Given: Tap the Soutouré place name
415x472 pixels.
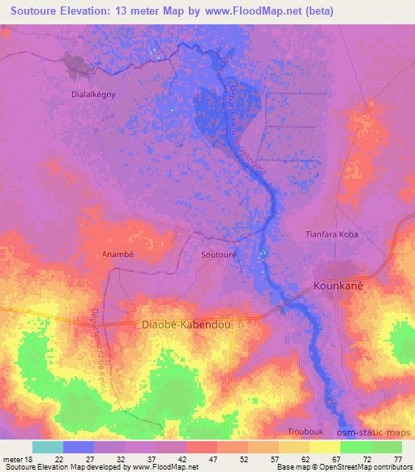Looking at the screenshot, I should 218,254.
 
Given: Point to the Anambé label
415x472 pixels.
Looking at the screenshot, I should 118,254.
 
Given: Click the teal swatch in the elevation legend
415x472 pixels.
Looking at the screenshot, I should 48,447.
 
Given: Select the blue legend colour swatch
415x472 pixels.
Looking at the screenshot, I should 79,447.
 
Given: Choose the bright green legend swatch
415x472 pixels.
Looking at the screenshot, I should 356,447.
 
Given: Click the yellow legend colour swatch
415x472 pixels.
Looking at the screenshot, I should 325,447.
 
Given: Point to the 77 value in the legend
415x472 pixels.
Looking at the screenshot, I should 396,458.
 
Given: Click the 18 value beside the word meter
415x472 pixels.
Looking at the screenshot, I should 29,458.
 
